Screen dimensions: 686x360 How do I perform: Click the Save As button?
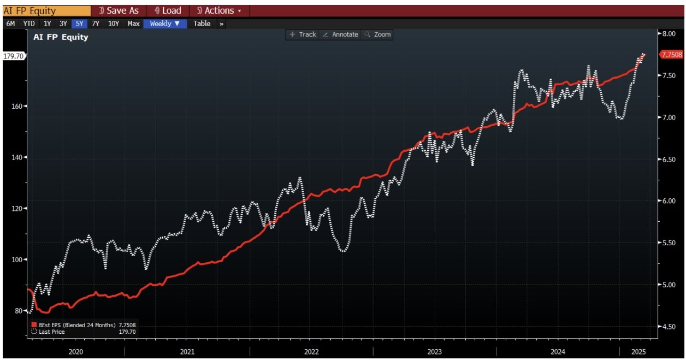coord(119,11)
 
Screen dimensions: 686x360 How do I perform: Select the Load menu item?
coord(168,11)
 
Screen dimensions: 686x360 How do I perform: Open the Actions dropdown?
coord(219,11)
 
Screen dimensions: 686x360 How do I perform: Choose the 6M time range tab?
coord(10,23)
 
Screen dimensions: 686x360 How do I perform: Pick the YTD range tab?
coord(29,23)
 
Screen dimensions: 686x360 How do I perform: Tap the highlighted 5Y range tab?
coord(79,23)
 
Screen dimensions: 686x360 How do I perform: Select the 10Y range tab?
coord(113,23)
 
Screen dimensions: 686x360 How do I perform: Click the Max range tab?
coord(133,23)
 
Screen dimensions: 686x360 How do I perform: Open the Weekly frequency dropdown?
coord(165,23)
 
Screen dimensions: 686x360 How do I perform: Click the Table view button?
coord(202,23)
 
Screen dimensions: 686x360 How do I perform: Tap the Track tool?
coord(303,34)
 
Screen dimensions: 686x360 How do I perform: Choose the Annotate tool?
coord(341,34)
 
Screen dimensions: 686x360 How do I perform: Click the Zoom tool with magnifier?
coord(377,34)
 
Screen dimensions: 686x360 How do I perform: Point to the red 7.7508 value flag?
coord(672,55)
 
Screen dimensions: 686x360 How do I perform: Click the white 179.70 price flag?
coord(14,56)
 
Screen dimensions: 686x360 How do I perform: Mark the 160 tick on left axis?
coord(17,107)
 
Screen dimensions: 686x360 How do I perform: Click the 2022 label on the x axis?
coord(311,352)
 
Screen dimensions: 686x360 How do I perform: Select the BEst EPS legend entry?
coord(84,325)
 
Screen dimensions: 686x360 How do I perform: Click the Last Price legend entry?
coord(84,332)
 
